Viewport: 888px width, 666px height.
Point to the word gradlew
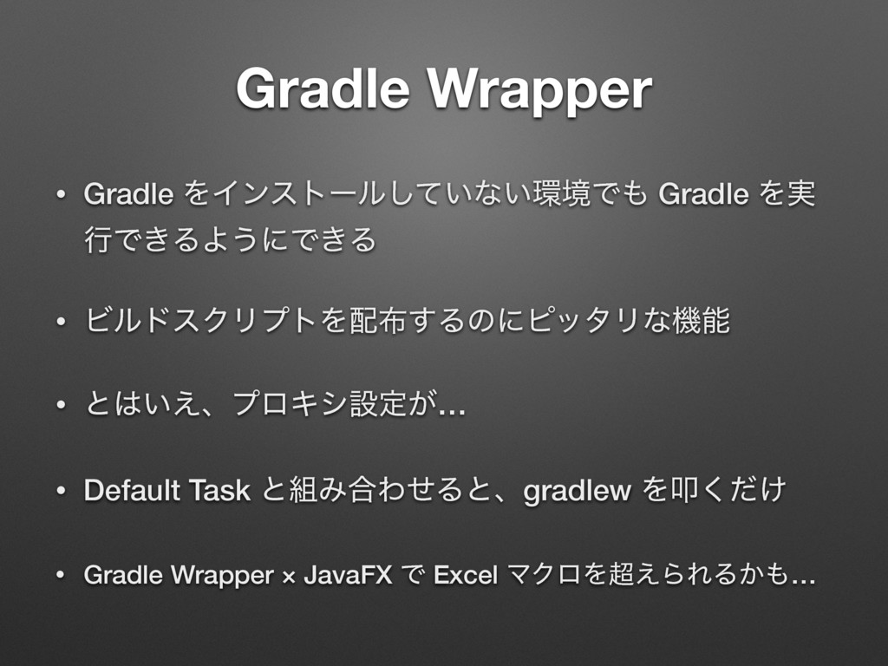tap(578, 492)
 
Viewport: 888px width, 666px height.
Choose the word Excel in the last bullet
tap(466, 575)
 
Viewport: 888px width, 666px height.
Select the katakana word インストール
tap(253, 196)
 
